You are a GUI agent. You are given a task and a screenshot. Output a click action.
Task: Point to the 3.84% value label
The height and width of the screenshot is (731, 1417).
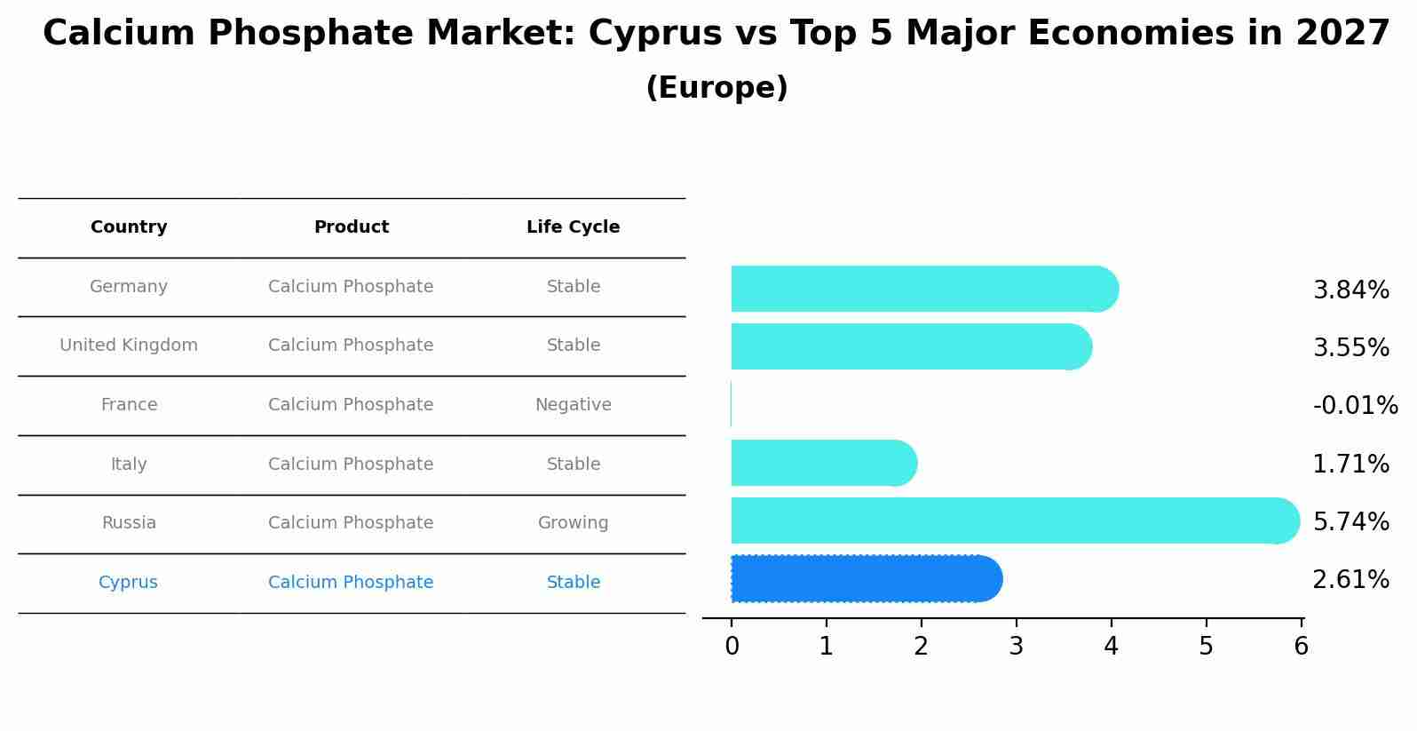tap(1350, 290)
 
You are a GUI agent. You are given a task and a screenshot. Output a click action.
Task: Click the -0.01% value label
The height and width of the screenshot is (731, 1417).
tap(1355, 406)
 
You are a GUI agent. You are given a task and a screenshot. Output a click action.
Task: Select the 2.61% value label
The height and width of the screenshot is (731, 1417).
tap(1350, 580)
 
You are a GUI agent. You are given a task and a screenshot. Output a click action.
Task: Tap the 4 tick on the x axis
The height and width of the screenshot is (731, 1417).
tap(1111, 647)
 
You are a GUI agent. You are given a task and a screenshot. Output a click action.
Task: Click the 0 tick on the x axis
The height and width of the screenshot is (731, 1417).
tap(732, 647)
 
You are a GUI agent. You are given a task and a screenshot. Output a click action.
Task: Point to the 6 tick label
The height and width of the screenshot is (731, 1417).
tap(1301, 647)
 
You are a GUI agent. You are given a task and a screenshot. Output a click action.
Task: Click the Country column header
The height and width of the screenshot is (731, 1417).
tap(129, 227)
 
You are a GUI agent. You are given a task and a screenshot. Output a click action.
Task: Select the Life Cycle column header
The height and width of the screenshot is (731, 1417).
tap(573, 227)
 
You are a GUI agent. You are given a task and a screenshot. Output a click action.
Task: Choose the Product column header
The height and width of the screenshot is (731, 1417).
tap(351, 227)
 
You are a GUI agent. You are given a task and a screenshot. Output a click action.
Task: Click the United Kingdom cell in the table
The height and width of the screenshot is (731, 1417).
tap(129, 346)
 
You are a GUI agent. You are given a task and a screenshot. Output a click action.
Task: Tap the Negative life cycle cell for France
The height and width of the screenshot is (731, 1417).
tap(573, 405)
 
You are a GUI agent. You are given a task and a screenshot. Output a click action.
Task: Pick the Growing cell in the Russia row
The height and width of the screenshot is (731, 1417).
tap(573, 523)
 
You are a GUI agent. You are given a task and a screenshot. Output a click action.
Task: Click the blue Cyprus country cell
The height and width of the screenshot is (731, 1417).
tap(128, 583)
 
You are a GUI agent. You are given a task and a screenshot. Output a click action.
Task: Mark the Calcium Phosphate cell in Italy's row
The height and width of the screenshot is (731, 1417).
tap(351, 465)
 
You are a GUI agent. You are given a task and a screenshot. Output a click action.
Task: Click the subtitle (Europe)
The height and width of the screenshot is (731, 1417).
tap(716, 88)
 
